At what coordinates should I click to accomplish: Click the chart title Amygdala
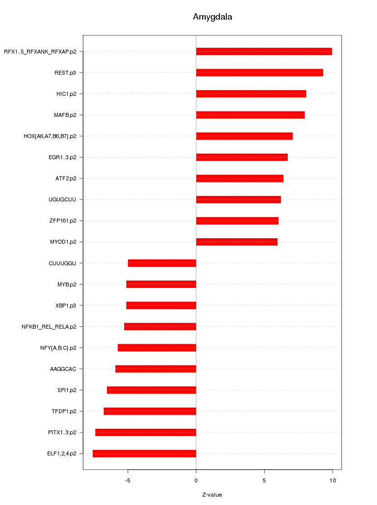tap(212, 17)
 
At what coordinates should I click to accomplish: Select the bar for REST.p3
tap(259, 73)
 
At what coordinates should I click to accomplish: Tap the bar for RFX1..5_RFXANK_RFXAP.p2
tap(264, 52)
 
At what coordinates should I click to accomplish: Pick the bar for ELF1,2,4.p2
tap(144, 453)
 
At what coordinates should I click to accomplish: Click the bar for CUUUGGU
tap(162, 263)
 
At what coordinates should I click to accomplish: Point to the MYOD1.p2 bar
tap(237, 242)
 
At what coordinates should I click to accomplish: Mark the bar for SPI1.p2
tap(151, 390)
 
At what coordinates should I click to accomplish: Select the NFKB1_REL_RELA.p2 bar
tap(160, 327)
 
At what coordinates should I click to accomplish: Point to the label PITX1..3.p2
tap(62, 432)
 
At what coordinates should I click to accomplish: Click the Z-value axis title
tap(212, 495)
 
